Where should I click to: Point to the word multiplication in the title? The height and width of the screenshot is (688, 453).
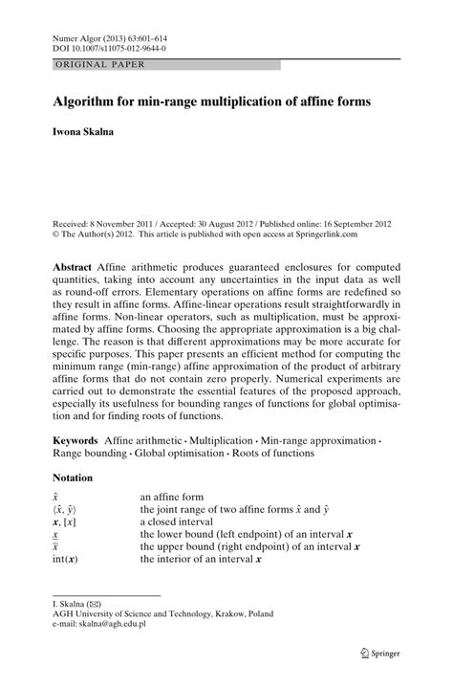(x=234, y=100)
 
